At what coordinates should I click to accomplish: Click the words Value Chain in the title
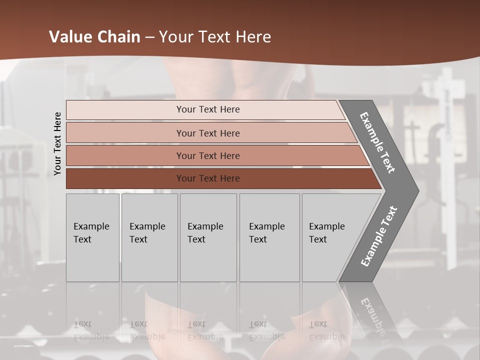pyautogui.click(x=94, y=37)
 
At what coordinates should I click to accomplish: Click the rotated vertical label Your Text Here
pyautogui.click(x=58, y=144)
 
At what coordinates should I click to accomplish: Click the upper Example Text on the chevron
pyautogui.click(x=377, y=142)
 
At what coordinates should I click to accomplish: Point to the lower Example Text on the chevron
pyautogui.click(x=378, y=236)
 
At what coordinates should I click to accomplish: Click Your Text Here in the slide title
pyautogui.click(x=215, y=37)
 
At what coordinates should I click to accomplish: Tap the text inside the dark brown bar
pyautogui.click(x=208, y=178)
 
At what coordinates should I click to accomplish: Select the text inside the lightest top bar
pyautogui.click(x=208, y=109)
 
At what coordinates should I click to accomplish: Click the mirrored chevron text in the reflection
pyautogui.click(x=372, y=315)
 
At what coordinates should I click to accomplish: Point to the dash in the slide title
pyautogui.click(x=149, y=37)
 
